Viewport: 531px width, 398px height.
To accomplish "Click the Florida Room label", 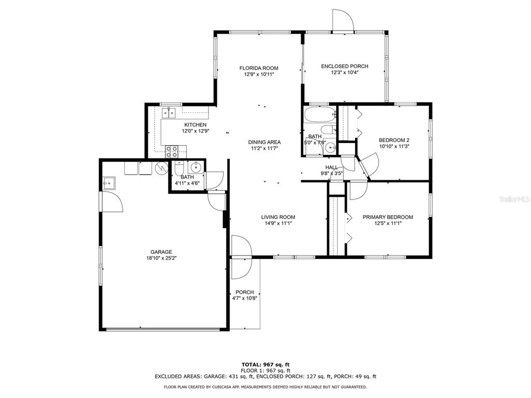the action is point(259,68).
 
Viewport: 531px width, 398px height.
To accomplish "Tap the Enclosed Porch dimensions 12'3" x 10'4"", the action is point(344,73).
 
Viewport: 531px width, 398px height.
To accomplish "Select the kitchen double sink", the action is point(169,112).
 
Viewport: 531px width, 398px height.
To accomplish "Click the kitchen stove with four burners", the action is point(172,151).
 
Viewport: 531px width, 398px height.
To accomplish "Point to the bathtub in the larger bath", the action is point(319,115).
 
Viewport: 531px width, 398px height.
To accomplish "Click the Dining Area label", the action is point(264,142).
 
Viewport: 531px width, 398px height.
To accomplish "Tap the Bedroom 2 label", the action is point(394,140).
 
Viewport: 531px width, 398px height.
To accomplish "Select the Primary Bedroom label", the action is point(388,217).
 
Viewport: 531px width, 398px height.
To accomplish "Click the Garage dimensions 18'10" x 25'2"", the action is point(161,258).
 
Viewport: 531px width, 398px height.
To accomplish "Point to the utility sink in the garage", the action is point(109,183).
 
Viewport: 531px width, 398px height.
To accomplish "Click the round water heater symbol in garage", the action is point(162,168).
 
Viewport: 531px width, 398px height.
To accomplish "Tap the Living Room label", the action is point(278,217).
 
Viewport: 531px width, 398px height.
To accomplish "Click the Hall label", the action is point(331,167).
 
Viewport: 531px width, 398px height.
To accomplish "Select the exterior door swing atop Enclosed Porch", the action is point(343,20).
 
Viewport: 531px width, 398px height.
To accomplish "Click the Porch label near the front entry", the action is point(245,292).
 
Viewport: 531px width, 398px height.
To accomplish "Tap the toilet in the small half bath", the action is point(179,168).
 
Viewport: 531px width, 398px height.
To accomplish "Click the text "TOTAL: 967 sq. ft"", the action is point(265,364).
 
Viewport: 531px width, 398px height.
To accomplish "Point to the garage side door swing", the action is point(113,202).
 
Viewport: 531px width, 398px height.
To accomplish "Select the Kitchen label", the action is point(195,125).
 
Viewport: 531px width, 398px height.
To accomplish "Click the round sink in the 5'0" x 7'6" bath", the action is point(330,148).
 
